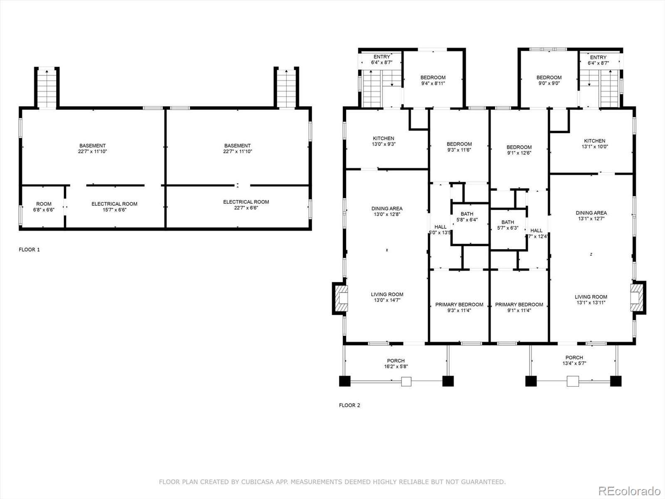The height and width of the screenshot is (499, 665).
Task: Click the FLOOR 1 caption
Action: [29, 249]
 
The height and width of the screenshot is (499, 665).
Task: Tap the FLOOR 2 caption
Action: [349, 405]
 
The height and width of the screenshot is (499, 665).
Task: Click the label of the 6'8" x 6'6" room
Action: [44, 207]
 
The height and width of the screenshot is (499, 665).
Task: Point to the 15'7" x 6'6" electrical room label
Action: [115, 207]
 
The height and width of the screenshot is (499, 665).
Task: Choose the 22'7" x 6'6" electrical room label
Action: [246, 205]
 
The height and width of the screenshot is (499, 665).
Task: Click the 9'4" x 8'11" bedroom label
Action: [433, 80]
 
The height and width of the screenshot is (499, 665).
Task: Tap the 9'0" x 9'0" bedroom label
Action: [549, 80]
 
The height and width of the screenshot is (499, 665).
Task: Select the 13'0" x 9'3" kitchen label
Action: [384, 141]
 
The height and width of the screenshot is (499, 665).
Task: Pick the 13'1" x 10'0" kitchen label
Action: [595, 143]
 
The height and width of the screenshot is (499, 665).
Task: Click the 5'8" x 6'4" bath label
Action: [467, 217]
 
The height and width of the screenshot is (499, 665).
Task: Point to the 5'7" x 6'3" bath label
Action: [507, 225]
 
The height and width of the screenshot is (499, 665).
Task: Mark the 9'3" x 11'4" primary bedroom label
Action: [459, 307]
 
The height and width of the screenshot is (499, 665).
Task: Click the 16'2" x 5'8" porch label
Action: [396, 363]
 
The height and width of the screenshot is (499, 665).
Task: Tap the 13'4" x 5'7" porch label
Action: [574, 361]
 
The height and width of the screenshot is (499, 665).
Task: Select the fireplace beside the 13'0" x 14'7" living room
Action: [340, 299]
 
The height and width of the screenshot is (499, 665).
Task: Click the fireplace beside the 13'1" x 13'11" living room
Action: [638, 297]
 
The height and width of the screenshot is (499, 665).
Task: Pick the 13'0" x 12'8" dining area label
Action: [387, 212]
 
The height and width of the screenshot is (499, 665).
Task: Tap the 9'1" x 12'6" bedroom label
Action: [519, 150]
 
